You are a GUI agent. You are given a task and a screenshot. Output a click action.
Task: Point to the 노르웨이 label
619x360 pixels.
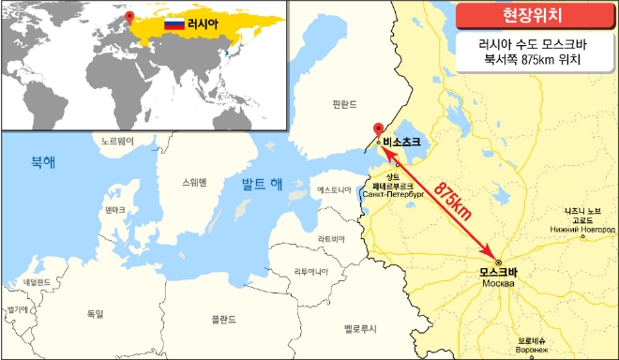(x=119, y=142)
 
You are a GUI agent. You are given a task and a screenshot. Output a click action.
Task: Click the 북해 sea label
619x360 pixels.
(x=43, y=161)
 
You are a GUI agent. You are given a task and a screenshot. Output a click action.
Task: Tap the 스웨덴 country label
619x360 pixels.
(x=195, y=182)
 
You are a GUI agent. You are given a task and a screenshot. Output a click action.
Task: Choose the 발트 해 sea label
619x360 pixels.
(x=262, y=183)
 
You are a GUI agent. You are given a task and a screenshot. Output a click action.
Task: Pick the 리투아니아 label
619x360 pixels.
(x=338, y=272)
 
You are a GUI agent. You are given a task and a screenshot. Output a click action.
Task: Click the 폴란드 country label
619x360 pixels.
(x=223, y=319)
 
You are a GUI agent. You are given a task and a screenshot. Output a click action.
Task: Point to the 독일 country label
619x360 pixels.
(x=95, y=313)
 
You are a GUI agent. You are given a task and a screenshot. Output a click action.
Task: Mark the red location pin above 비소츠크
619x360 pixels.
(x=378, y=130)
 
